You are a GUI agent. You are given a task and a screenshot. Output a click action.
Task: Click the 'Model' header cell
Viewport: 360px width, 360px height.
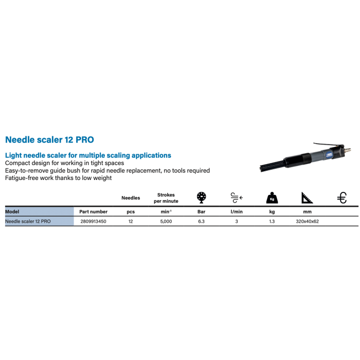pyautogui.click(x=12, y=211)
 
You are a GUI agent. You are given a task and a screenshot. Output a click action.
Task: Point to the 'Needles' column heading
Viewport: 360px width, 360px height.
pyautogui.click(x=130, y=197)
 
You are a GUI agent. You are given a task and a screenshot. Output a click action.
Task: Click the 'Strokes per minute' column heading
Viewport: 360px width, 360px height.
pyautogui.click(x=165, y=197)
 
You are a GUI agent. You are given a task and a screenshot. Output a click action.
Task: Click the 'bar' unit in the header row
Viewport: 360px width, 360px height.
pyautogui.click(x=201, y=211)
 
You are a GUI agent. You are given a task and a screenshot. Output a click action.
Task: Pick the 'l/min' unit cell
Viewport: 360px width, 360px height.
pyautogui.click(x=236, y=211)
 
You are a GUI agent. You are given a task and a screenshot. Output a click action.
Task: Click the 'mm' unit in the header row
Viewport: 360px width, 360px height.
pyautogui.click(x=308, y=211)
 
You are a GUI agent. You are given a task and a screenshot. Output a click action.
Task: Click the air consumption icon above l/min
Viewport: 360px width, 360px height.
pyautogui.click(x=236, y=197)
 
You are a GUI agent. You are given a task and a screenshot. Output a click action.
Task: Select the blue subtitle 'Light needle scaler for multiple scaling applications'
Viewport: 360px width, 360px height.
pyautogui.click(x=87, y=155)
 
